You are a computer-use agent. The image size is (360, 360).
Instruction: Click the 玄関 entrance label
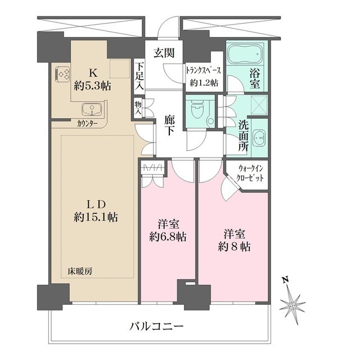tap(164, 53)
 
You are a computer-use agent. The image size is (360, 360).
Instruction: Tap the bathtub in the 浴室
tap(245, 55)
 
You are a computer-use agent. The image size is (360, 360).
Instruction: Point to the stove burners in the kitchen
tap(62, 73)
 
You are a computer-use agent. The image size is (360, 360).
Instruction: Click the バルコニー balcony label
tap(156, 327)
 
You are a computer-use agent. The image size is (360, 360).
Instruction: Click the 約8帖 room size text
tap(232, 246)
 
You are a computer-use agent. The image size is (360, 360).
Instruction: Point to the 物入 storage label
tap(138, 106)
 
